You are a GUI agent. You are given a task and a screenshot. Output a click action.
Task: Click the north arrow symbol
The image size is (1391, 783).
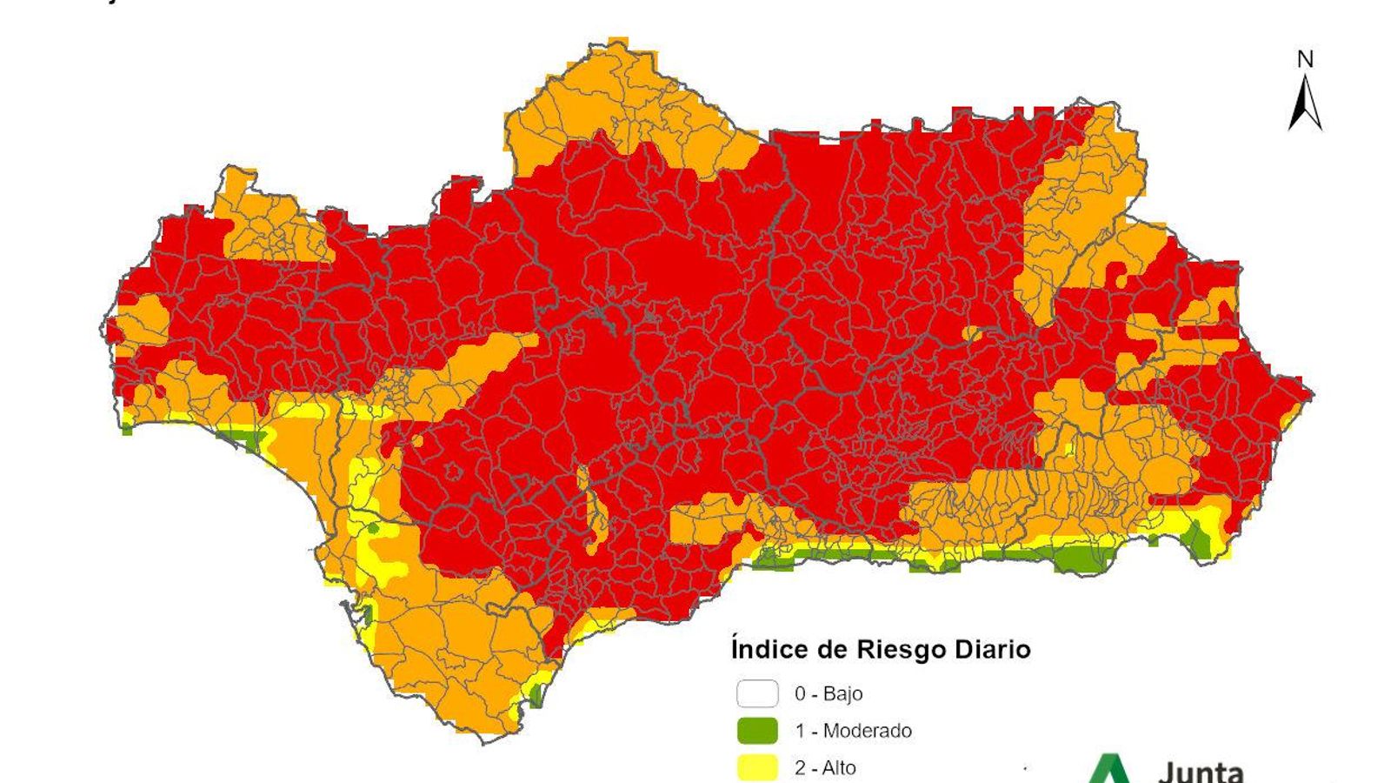[1304, 103]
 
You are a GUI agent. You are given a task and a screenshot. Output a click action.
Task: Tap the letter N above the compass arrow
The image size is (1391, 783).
[1305, 59]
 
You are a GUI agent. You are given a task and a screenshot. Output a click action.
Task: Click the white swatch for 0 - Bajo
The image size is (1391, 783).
[757, 693]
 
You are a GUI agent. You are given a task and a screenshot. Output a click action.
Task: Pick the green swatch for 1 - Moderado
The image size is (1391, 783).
[757, 731]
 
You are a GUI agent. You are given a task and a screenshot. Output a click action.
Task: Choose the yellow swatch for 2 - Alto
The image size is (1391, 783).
[757, 767]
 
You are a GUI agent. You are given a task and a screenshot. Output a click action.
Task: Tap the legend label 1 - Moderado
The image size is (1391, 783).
[853, 731]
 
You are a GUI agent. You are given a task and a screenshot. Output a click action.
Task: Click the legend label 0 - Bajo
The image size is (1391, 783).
[829, 693]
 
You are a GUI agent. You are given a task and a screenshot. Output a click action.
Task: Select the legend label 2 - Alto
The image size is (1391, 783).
[825, 767]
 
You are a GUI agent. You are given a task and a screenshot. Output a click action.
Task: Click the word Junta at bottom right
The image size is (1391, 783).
[1201, 771]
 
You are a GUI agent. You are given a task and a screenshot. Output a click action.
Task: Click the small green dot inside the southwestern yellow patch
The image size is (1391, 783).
[374, 528]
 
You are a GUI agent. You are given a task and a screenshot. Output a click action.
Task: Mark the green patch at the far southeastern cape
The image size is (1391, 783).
[1199, 542]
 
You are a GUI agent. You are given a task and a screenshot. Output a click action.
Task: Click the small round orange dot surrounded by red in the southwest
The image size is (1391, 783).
[417, 441]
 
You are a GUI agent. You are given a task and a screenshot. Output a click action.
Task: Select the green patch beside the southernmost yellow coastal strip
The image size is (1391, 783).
[536, 695]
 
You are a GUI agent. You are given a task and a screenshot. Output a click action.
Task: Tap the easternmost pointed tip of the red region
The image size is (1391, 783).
[1311, 394]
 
